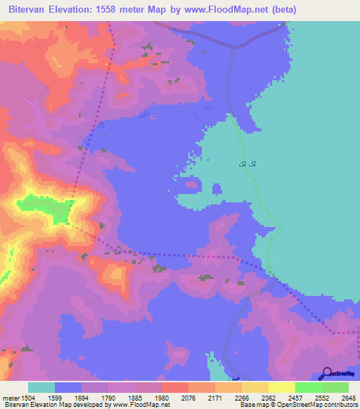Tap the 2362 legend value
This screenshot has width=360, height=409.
[x=269, y=397]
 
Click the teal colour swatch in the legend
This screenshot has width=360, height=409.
[x=41, y=387]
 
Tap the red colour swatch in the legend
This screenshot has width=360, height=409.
[x=175, y=387]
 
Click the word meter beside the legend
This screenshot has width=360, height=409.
[x=11, y=397]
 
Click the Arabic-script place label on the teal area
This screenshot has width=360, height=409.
[x=242, y=164]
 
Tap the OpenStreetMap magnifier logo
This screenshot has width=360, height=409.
[x=327, y=373]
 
